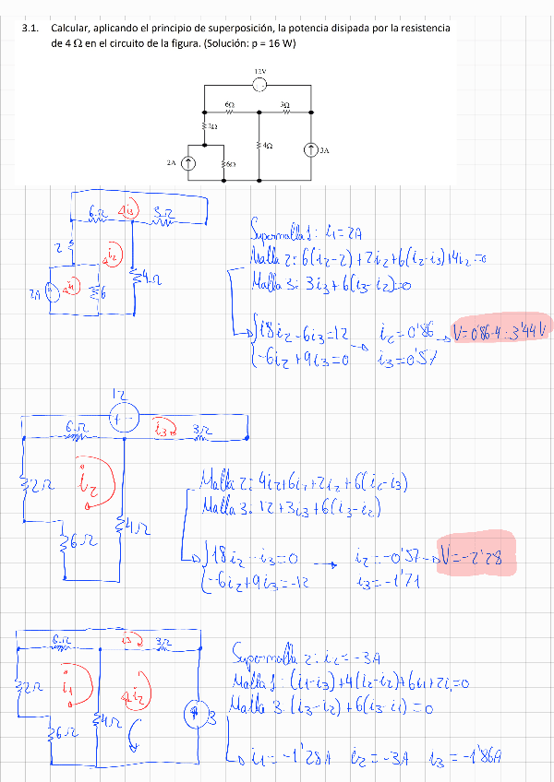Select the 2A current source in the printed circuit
tap(187, 163)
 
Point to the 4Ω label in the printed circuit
tap(267, 146)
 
